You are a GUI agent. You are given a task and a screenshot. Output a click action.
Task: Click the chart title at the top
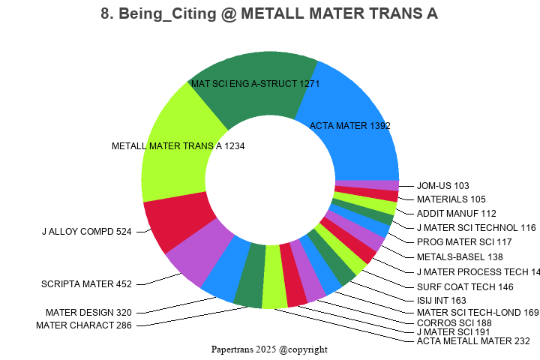point(269,14)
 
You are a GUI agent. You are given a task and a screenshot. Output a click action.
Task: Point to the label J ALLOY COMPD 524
point(86,232)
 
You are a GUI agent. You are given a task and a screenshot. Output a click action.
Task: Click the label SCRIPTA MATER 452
point(86,284)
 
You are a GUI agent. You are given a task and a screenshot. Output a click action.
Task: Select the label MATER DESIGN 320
point(88,313)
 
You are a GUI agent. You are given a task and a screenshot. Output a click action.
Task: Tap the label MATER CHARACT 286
point(84,325)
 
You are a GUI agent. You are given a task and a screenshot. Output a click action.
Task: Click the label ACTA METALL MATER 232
point(473,341)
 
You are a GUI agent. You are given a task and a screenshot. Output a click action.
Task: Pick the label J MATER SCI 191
point(453,332)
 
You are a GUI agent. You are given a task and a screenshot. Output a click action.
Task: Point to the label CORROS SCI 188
point(454,323)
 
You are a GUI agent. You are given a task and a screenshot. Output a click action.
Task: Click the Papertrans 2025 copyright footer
point(269,349)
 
